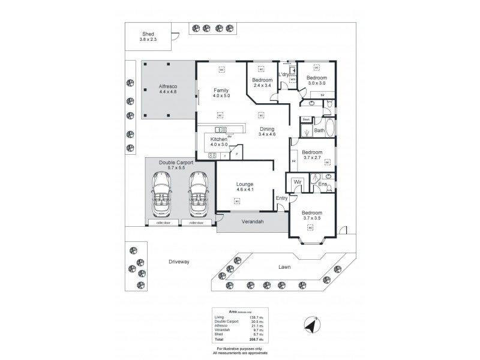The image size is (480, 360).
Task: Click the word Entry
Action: [281, 198]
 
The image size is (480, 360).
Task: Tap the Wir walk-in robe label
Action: [297, 183]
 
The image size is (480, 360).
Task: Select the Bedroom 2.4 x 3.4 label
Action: [262, 83]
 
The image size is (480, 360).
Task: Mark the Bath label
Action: [319, 130]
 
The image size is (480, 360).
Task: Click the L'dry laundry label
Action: [283, 74]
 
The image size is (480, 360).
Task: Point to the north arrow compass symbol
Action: [311, 325]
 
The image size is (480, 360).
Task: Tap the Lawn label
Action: [284, 267]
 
